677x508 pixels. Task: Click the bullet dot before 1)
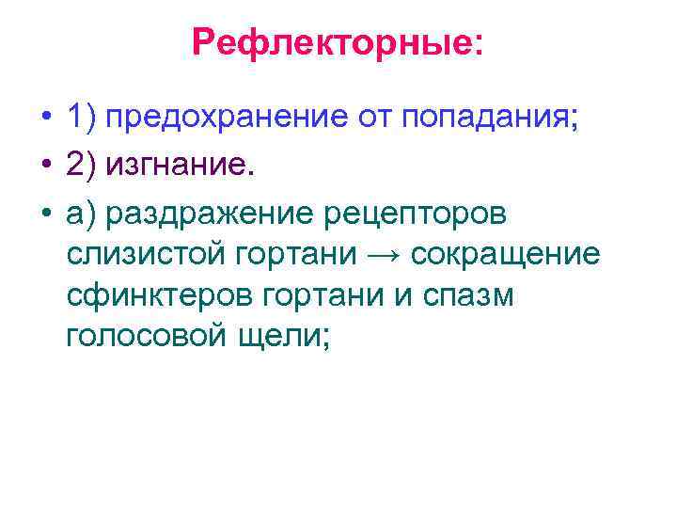[45, 120]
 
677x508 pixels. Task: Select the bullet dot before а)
[45, 214]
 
